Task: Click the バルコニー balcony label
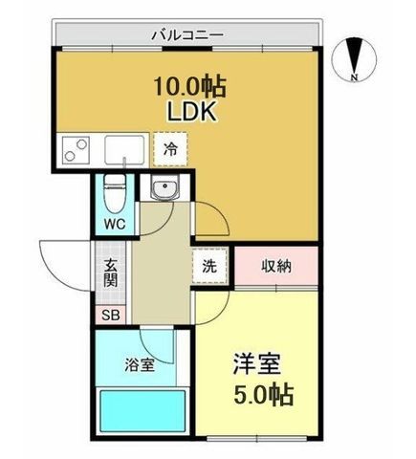pyautogui.click(x=187, y=34)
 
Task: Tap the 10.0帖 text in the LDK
pyautogui.click(x=190, y=86)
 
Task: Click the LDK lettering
pyautogui.click(x=192, y=111)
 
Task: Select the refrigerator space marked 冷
pyautogui.click(x=170, y=149)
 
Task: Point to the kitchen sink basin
pyautogui.click(x=124, y=150)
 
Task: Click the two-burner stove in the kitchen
pyautogui.click(x=76, y=150)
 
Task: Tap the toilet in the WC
pyautogui.click(x=115, y=193)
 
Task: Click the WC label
pyautogui.click(x=115, y=225)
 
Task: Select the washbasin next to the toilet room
pyautogui.click(x=164, y=187)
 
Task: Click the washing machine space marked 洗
pyautogui.click(x=210, y=266)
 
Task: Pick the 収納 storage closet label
pyautogui.click(x=276, y=266)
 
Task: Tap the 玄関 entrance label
pyautogui.click(x=111, y=273)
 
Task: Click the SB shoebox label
pyautogui.click(x=111, y=316)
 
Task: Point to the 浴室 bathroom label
pyautogui.click(x=140, y=365)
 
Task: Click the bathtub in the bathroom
pyautogui.click(x=142, y=411)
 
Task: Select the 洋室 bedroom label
pyautogui.click(x=257, y=364)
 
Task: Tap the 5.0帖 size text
pyautogui.click(x=263, y=394)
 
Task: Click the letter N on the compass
pyautogui.click(x=354, y=76)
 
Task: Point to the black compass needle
pyautogui.click(x=354, y=55)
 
